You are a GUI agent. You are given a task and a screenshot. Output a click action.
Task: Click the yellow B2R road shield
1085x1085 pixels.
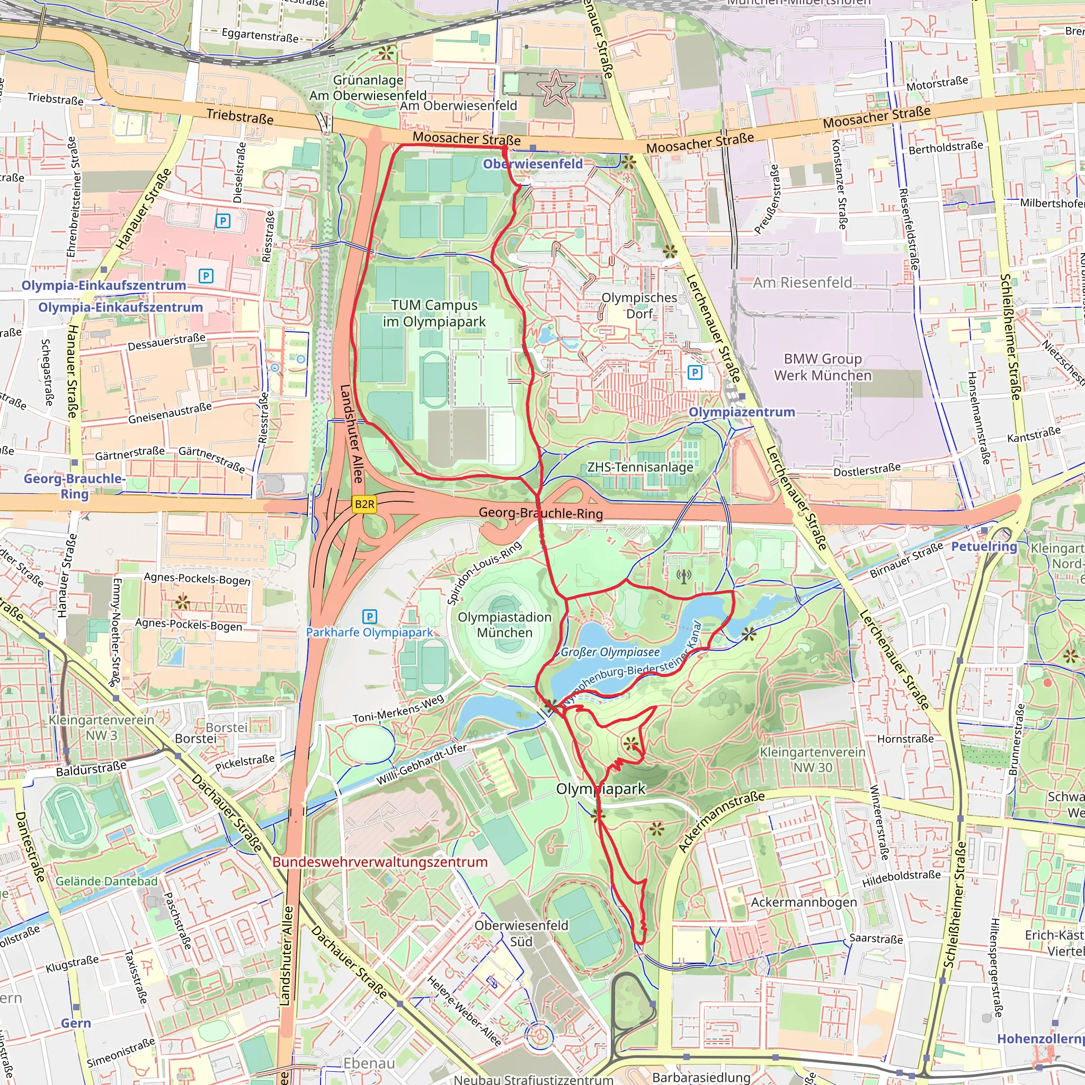364,504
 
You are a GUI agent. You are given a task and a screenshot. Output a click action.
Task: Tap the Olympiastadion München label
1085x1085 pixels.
504,625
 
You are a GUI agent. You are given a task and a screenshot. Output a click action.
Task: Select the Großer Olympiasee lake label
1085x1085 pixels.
610,652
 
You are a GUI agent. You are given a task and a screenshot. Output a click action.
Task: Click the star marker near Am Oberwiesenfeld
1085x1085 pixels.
555,87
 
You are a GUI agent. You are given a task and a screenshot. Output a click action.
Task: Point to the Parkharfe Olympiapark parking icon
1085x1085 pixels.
370,617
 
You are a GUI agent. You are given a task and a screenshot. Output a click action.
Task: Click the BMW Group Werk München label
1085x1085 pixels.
823,367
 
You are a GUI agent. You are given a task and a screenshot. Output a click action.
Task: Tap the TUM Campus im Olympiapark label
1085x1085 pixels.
434,313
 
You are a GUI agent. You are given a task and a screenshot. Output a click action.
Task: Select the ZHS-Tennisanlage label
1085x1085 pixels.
639,467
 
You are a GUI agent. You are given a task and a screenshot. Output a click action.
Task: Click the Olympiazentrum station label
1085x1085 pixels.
741,412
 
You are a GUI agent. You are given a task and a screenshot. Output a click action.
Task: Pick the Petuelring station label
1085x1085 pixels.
984,546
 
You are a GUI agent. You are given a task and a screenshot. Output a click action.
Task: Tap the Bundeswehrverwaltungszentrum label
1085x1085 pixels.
380,861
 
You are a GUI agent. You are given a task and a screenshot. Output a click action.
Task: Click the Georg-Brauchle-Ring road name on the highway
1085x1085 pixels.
540,513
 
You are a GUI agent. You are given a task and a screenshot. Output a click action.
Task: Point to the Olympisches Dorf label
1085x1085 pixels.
639,305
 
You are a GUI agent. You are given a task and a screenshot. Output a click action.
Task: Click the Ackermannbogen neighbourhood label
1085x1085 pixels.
804,902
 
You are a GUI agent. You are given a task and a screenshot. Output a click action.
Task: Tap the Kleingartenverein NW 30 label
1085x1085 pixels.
812,759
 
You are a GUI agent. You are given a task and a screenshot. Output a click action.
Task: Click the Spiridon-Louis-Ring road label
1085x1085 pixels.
484,573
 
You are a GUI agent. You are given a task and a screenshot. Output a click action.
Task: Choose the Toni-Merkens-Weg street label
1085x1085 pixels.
398,709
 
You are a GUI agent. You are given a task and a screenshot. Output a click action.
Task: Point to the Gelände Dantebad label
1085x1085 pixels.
106,881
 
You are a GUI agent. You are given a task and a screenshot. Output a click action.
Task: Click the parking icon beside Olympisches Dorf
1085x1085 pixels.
695,372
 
